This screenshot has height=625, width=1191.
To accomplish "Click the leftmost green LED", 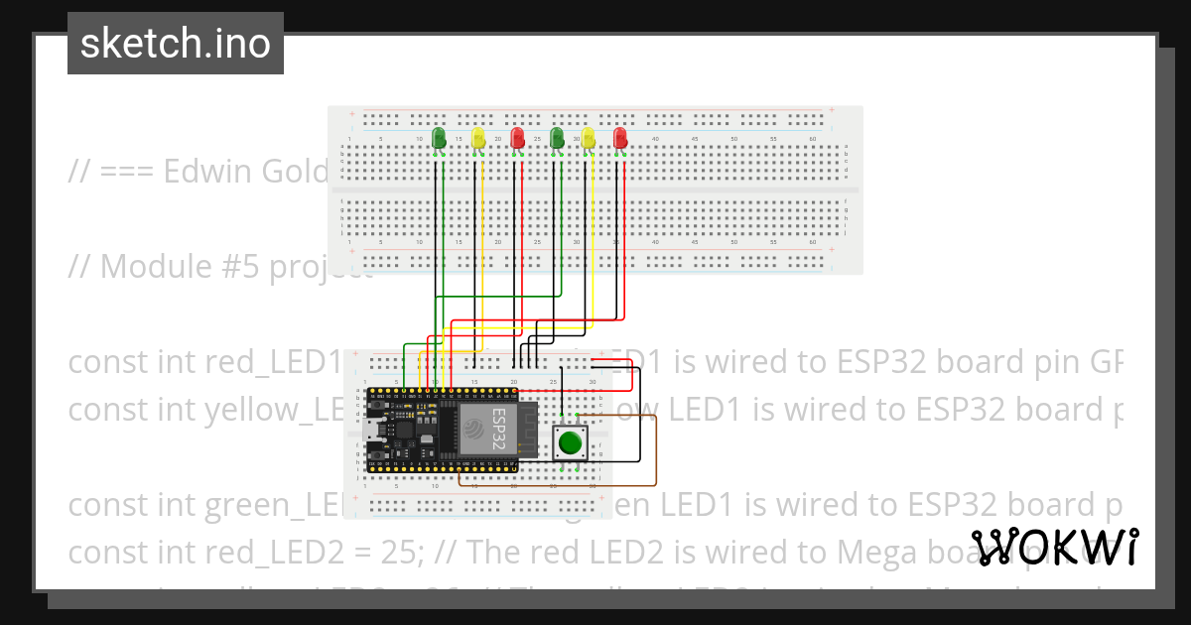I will (x=440, y=138).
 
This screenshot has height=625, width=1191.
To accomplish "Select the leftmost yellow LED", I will (x=478, y=138).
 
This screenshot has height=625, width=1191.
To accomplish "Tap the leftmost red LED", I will (x=516, y=137).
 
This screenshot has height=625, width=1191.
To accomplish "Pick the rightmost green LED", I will (x=557, y=137).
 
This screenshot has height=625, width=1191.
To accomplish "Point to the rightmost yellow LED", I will (x=589, y=138).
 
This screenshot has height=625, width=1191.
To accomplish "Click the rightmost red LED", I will (x=620, y=138).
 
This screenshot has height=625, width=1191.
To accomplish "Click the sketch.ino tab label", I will (x=176, y=44).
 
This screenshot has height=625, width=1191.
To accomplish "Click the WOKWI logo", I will (x=1055, y=548).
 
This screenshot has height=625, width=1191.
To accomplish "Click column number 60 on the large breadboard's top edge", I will (x=813, y=140).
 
